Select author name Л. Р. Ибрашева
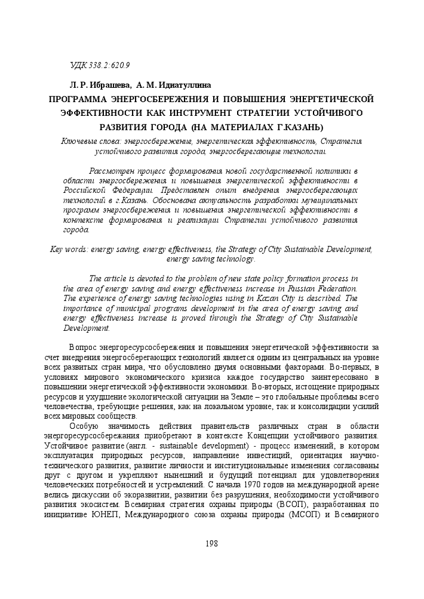pos(98,85)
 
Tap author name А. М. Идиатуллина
pos(174,85)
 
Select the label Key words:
pos(69,249)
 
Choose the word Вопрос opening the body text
pos(82,348)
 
